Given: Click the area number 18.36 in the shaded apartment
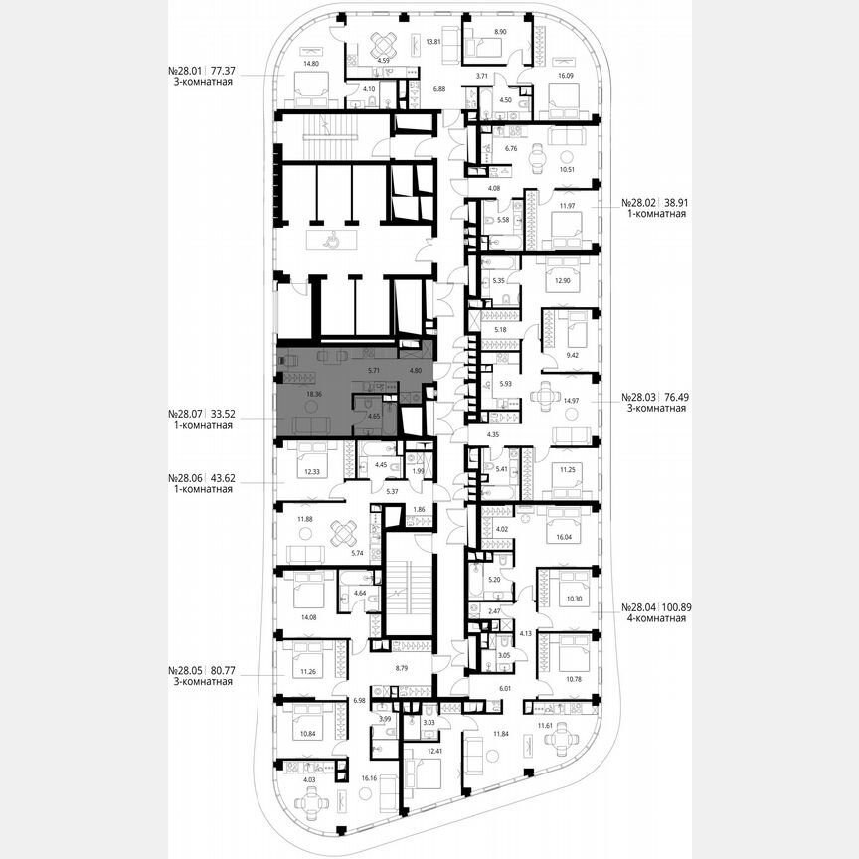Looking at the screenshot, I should pos(287,394).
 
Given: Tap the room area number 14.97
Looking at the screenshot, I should pos(571,401).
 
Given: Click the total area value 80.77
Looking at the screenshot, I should pos(217,669).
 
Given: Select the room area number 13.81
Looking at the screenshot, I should pos(432,42).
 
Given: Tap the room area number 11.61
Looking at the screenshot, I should pos(546,727).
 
